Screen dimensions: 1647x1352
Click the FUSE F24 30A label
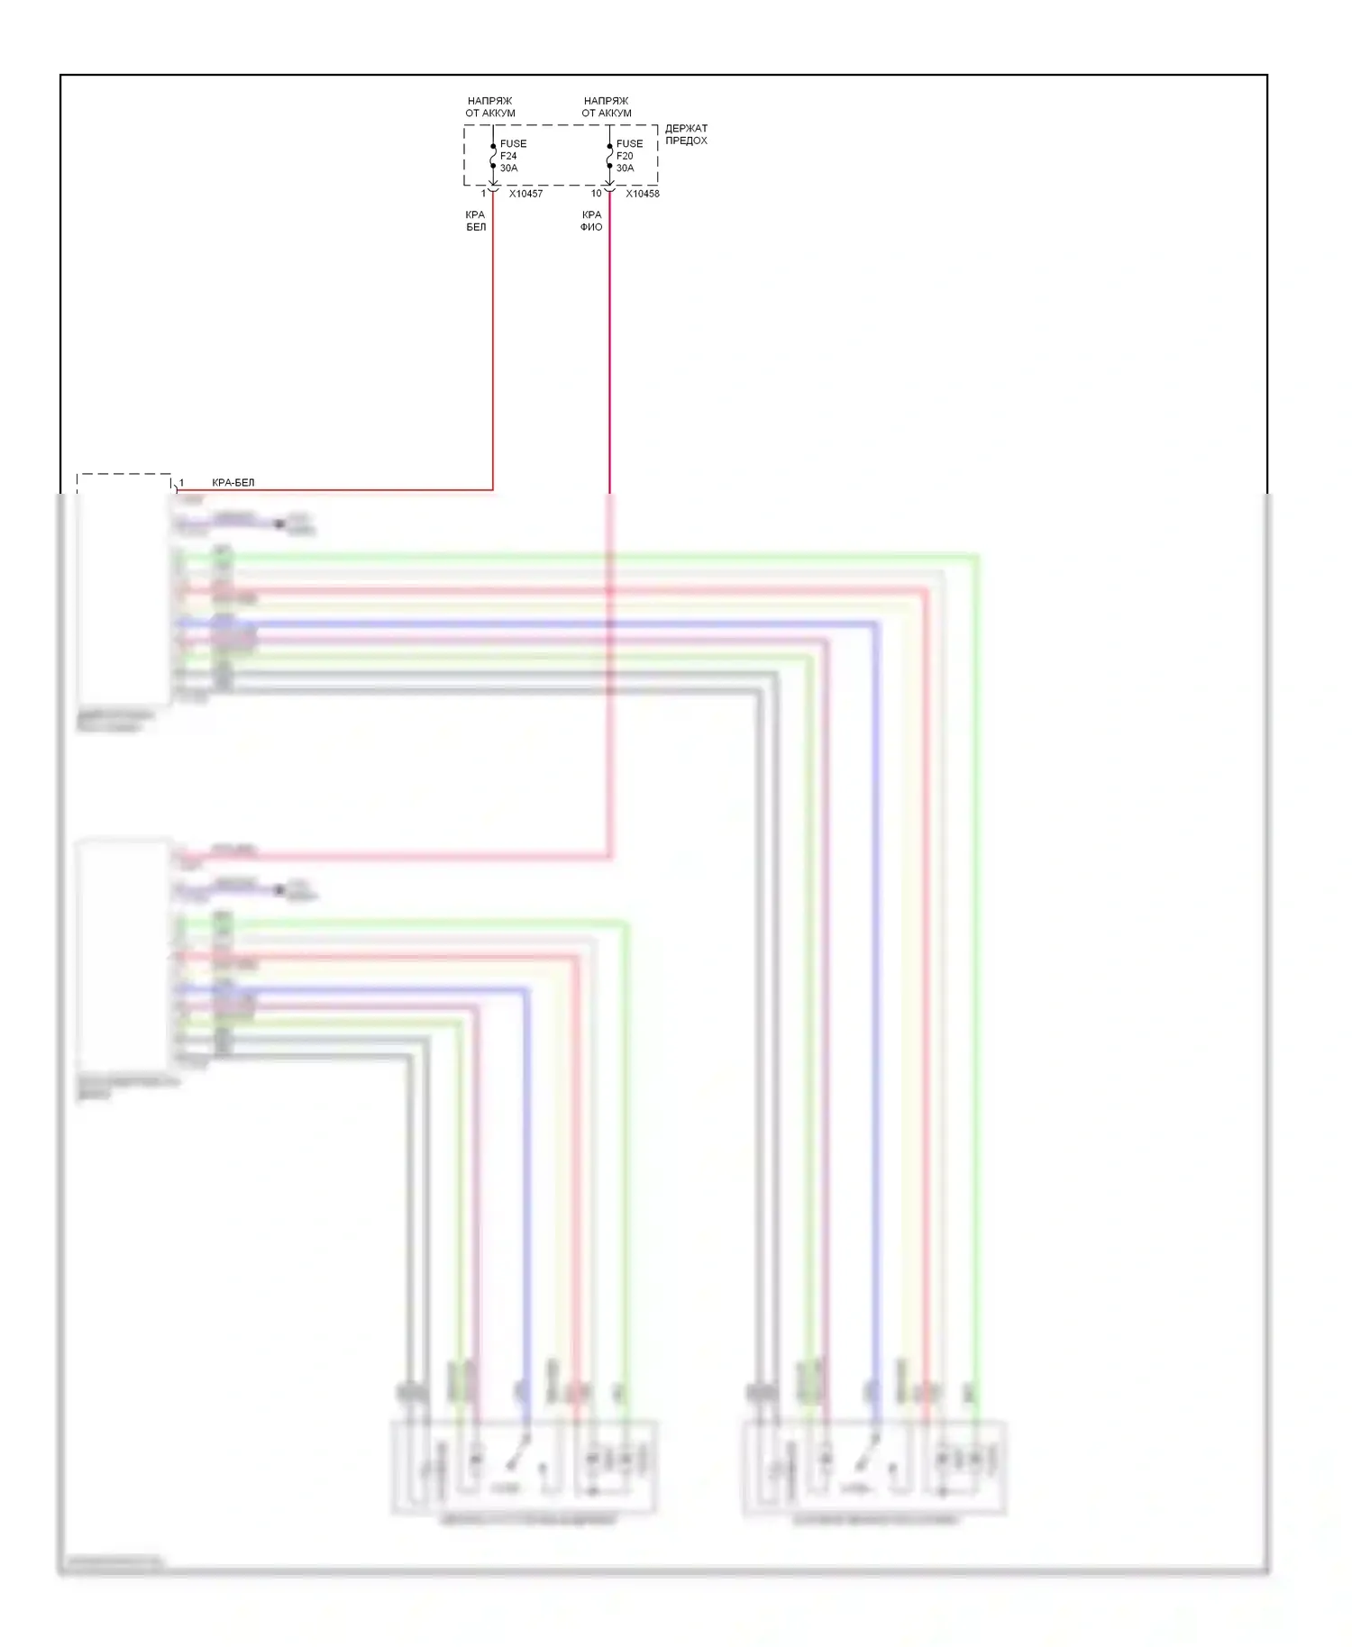tap(512, 156)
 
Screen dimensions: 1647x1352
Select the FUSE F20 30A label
tap(629, 156)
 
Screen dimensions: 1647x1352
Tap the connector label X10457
tap(525, 194)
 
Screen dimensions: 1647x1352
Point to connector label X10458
tap(642, 194)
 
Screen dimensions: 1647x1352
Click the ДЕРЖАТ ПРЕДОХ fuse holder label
tap(686, 134)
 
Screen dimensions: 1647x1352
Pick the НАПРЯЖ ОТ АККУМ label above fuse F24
tap(490, 107)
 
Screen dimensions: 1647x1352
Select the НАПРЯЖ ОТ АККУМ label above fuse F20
tap(607, 107)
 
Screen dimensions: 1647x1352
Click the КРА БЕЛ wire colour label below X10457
tap(476, 221)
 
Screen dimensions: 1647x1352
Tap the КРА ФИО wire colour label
tap(591, 221)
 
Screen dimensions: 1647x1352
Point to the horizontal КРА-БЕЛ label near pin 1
tap(233, 483)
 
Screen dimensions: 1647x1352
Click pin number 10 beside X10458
tap(596, 194)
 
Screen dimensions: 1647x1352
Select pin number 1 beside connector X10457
tap(484, 194)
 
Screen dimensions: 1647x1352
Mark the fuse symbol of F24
tap(493, 160)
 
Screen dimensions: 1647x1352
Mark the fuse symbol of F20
tap(609, 160)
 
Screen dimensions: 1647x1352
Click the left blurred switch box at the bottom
tap(523, 1467)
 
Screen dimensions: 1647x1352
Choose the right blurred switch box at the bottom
tap(873, 1467)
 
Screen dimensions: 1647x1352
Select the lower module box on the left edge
tap(123, 955)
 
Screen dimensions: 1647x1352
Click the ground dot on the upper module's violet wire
tap(279, 523)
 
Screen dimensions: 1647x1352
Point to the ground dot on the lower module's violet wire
tap(279, 889)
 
